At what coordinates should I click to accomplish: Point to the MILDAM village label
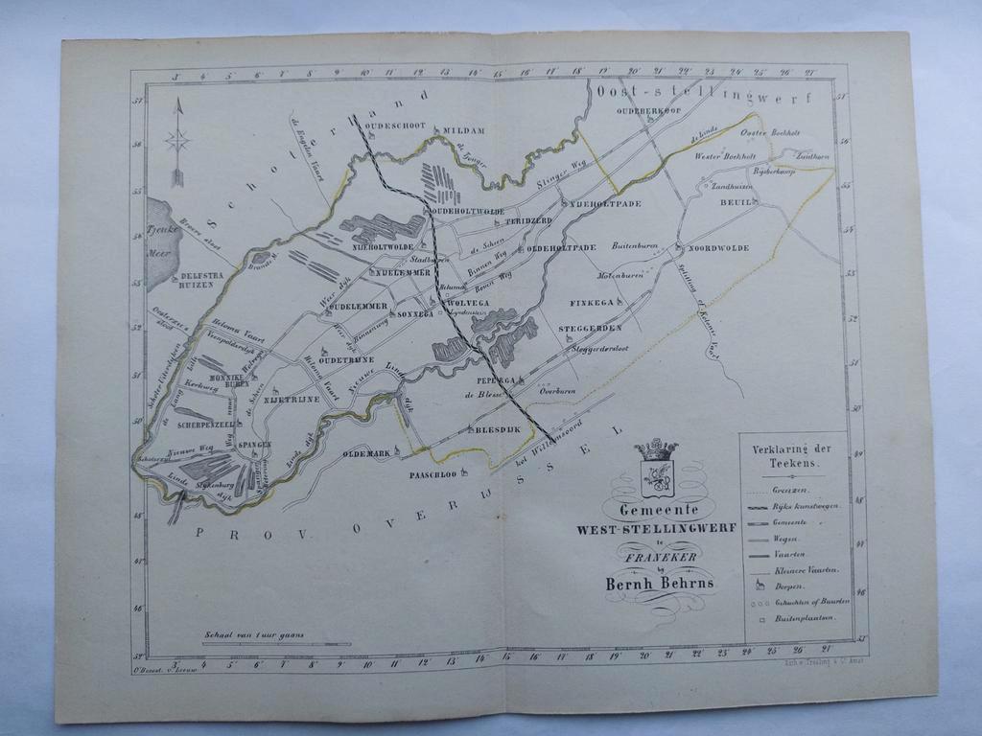464,130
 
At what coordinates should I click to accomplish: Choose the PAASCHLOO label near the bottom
432,474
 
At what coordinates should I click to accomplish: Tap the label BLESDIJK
499,430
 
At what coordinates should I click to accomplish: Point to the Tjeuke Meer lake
161,244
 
